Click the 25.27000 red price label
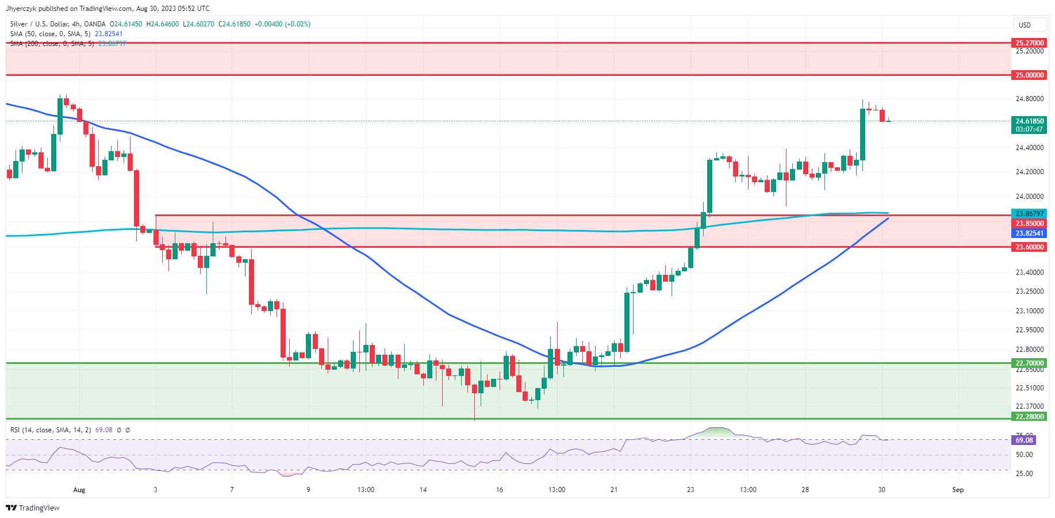click(1029, 43)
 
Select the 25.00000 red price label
click(1029, 75)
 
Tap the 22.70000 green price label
click(1029, 363)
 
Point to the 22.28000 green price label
click(1029, 417)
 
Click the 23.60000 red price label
click(1029, 247)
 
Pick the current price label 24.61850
click(1029, 121)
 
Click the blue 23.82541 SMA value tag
click(1029, 233)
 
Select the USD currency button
click(1025, 25)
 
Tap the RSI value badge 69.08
click(1024, 440)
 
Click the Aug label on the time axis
click(79, 490)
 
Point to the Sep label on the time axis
click(958, 490)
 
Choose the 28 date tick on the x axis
click(805, 490)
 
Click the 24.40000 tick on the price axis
click(1029, 148)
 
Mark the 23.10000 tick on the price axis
click(1029, 311)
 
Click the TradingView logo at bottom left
click(33, 508)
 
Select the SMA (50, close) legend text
click(50, 34)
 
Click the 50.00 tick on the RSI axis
click(1024, 455)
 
